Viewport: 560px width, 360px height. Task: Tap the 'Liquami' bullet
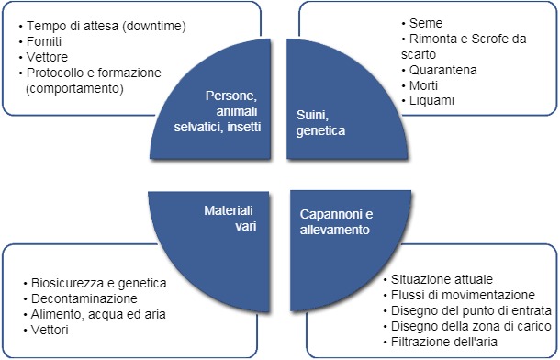pos(432,100)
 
